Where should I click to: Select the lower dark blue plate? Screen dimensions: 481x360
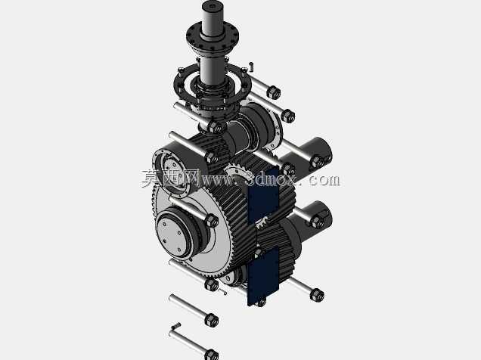pos(263,276)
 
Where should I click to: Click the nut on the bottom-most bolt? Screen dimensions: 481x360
pos(211,355)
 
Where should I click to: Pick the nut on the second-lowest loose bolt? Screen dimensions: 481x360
pos(212,320)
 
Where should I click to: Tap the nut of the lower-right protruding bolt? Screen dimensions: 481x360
pos(317,295)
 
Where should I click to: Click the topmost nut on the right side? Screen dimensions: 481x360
pos(274,92)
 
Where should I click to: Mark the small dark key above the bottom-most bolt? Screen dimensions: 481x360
pos(177,325)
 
